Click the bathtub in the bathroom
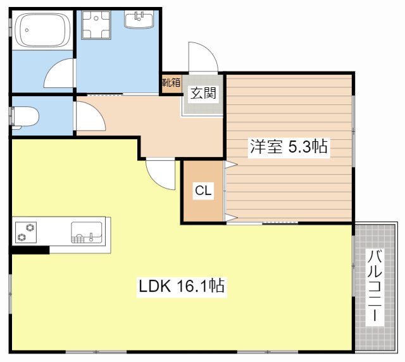click(x=42, y=30)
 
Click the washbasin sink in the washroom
click(x=139, y=20)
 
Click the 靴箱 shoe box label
click(x=170, y=82)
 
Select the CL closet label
click(x=202, y=190)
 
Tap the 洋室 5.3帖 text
click(x=288, y=147)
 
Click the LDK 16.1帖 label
click(x=182, y=286)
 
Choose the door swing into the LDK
click(x=159, y=175)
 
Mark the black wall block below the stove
click(x=30, y=249)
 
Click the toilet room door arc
click(x=87, y=116)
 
